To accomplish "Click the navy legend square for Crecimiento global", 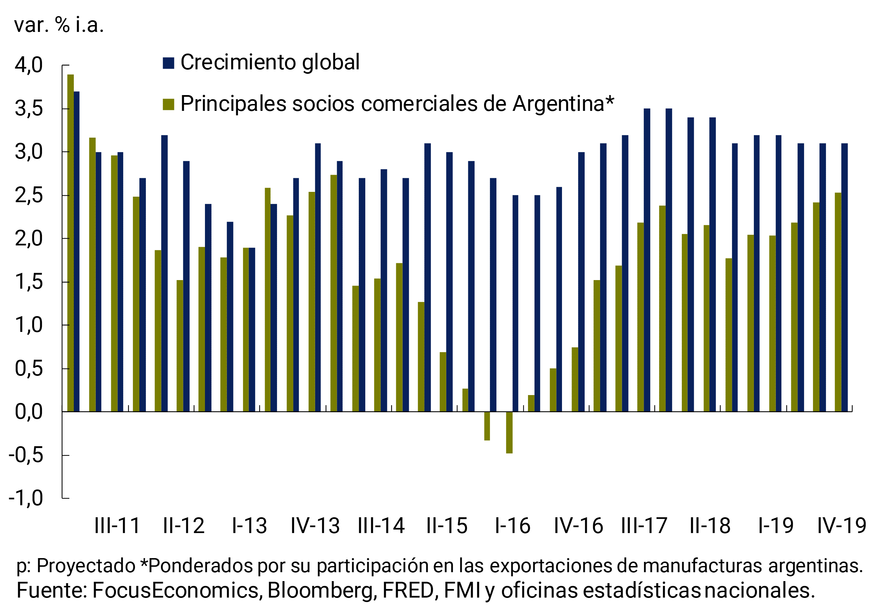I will [x=168, y=63].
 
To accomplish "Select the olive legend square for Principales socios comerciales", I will [x=168, y=104].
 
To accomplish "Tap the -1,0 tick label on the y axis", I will [x=26, y=498].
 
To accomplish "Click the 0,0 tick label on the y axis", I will [x=29, y=412].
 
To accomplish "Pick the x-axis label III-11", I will [x=117, y=526].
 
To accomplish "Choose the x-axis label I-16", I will [x=512, y=526].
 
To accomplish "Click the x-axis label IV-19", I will [x=841, y=526].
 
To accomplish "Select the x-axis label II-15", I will [x=447, y=526].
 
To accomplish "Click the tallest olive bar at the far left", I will [x=70, y=243].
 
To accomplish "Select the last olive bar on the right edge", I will [x=838, y=302].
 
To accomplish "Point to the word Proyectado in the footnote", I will [x=86, y=566].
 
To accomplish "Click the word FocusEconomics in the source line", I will [x=175, y=590].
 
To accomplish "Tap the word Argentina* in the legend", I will [x=563, y=104].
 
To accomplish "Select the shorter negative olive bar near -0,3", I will [x=487, y=426].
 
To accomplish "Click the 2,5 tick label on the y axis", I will [x=29, y=196].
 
